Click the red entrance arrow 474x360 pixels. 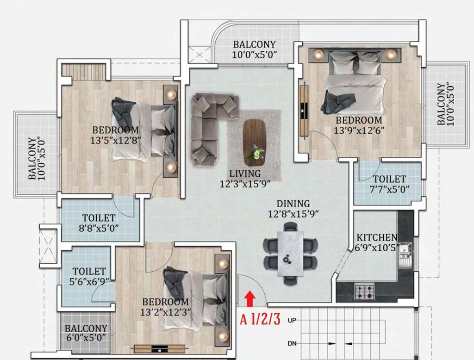coord(249,298)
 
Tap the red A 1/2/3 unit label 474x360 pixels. coord(260,319)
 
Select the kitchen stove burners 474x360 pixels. coord(365,292)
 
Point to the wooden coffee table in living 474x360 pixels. coord(254,143)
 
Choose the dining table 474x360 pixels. coord(291,254)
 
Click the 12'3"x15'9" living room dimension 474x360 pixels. coord(245,184)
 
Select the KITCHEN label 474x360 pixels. coord(377,237)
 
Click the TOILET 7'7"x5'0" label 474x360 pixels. coord(389,184)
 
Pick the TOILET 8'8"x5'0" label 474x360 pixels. coord(99,223)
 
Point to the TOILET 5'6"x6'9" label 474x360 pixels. coord(89,276)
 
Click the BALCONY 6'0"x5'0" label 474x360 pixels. coord(86,333)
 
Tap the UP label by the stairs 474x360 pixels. coord(292,320)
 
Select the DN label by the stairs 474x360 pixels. coord(292,344)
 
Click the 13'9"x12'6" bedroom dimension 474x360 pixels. coord(359,130)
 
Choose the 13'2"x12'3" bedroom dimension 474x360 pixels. coord(166,312)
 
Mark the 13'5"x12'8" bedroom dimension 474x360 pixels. coord(116,140)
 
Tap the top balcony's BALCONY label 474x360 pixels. coord(254,44)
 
